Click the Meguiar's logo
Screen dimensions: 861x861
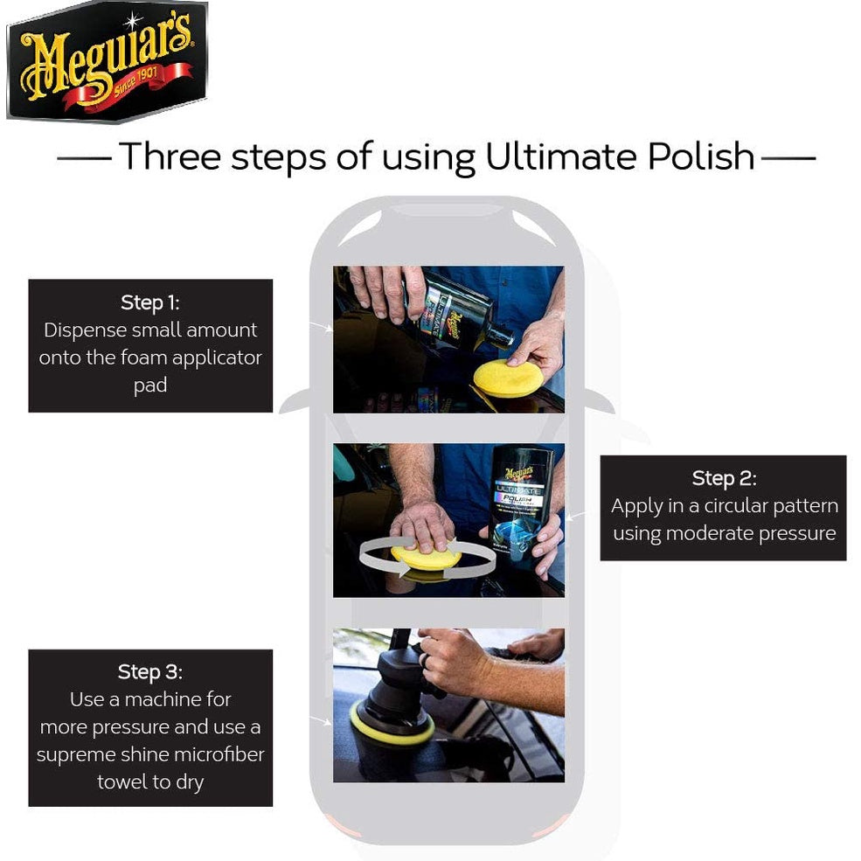tap(107, 61)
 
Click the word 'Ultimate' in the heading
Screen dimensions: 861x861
tap(561, 156)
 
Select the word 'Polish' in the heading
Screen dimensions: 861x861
tap(701, 156)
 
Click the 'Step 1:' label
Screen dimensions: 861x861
tap(149, 302)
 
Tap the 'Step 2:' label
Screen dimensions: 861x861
tap(724, 478)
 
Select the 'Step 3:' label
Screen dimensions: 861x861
tap(149, 671)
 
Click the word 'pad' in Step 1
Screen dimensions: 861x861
tap(149, 385)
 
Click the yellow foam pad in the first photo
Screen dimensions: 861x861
tap(506, 378)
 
